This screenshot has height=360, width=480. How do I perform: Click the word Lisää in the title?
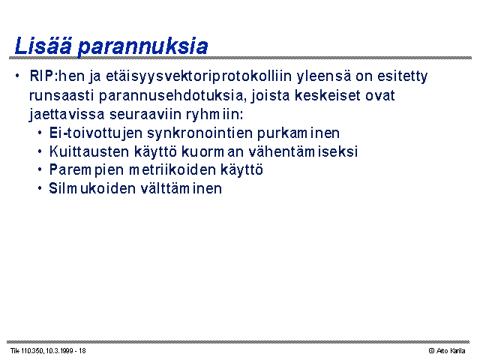[x=43, y=46]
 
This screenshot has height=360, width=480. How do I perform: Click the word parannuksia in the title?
[x=143, y=46]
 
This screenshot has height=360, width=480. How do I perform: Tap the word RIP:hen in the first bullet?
[x=57, y=76]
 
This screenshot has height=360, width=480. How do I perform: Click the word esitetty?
[x=402, y=76]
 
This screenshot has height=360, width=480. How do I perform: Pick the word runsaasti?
[x=61, y=95]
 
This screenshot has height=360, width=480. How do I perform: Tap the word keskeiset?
[x=328, y=95]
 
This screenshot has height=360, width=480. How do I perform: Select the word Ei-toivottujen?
[x=96, y=133]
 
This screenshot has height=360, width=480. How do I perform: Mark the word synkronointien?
[x=199, y=133]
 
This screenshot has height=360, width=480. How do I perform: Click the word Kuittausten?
[x=89, y=151]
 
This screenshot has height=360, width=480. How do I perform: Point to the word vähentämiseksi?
[x=303, y=151]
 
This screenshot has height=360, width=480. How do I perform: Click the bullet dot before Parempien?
[x=40, y=169]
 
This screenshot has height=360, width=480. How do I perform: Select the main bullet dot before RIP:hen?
[x=17, y=76]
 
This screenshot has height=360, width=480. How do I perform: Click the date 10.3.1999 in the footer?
[x=59, y=351]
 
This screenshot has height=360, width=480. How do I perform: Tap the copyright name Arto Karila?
[x=451, y=351]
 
